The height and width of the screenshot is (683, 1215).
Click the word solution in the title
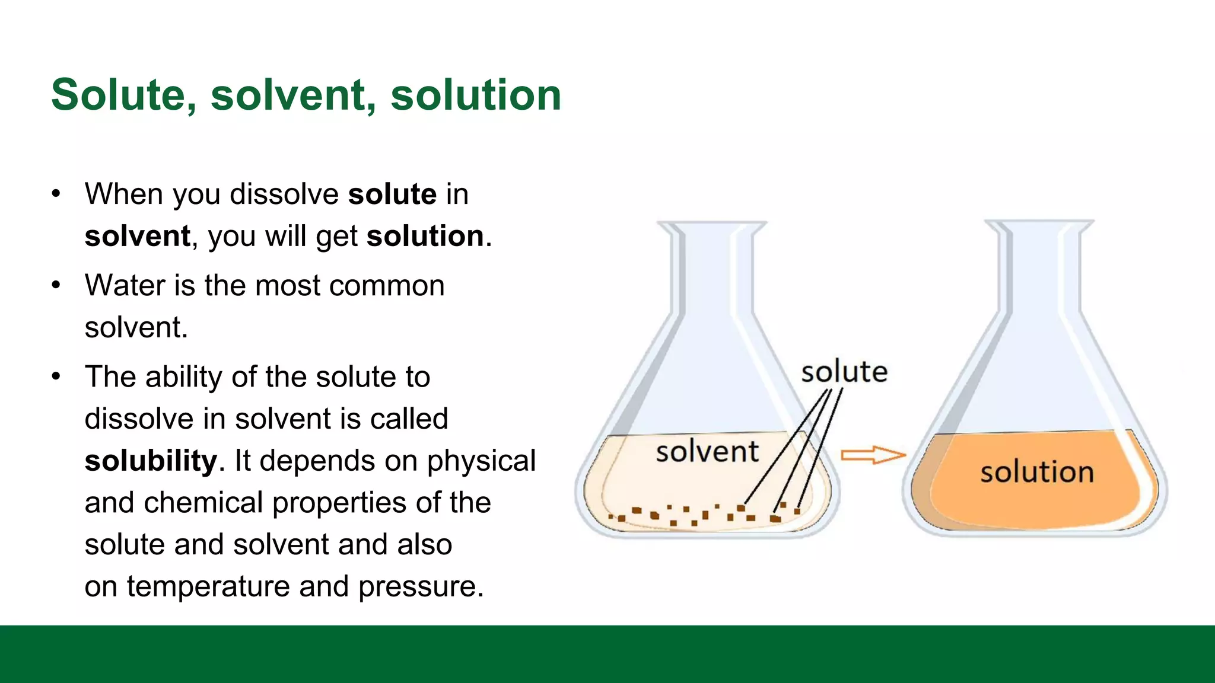point(475,95)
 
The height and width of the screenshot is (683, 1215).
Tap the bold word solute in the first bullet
point(392,194)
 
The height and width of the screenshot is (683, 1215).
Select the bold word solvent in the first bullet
point(138,237)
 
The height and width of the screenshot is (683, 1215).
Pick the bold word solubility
point(151,461)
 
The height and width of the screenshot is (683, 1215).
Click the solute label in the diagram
point(844,372)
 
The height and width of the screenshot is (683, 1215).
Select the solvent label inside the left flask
point(707,452)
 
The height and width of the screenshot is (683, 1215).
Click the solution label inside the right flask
point(1036,473)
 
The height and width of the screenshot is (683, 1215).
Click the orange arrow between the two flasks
point(873,455)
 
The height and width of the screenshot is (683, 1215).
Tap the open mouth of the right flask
point(1039,224)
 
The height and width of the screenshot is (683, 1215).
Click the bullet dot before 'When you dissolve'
point(56,194)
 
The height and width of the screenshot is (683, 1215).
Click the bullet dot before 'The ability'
point(56,376)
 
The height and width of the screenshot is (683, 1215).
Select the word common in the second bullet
point(387,286)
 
